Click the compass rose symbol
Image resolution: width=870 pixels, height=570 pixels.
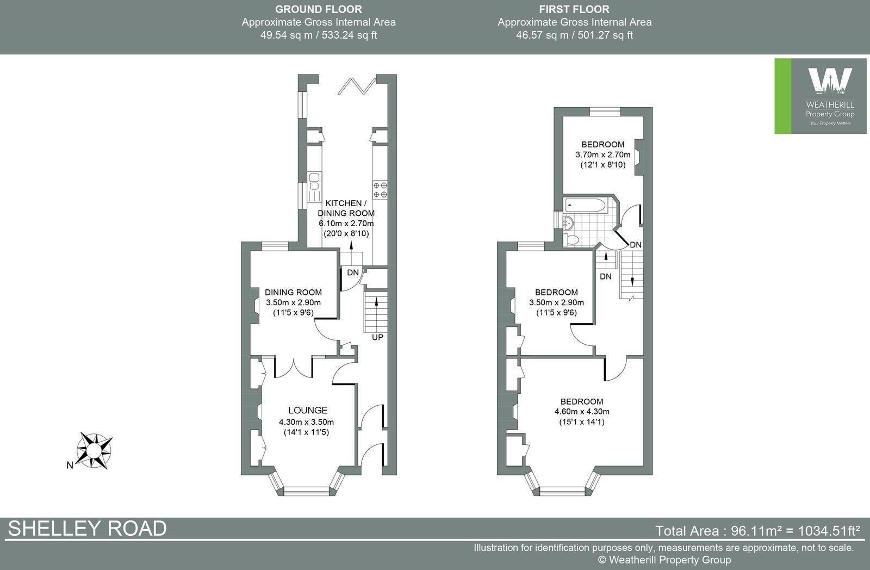point(94,450)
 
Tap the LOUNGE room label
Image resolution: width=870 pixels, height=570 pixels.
point(308,410)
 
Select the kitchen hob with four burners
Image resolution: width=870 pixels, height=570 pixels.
point(380,190)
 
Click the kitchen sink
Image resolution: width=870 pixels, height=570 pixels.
point(314,182)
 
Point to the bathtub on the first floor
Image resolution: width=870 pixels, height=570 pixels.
point(585,205)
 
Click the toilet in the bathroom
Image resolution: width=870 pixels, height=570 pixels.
point(570,239)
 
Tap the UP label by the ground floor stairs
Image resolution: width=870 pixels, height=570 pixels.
point(377,337)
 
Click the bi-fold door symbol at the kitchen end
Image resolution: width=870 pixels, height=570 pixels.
point(357,86)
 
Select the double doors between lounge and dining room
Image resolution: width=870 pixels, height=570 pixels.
point(294,367)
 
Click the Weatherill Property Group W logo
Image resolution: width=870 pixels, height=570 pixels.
point(830,81)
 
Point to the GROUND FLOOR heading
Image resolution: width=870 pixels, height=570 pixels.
point(319,9)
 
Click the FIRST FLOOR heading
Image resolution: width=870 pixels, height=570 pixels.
point(574,9)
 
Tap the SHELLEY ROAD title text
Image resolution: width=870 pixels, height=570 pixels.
point(88,529)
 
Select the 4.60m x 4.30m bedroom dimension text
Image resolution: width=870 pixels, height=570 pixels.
point(582,412)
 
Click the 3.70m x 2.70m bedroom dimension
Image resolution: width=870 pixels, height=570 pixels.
point(603,154)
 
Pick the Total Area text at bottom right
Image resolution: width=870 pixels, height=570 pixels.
point(757,530)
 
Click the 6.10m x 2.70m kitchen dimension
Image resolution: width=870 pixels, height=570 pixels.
point(346,224)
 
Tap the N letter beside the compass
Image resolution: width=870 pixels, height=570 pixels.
point(70,465)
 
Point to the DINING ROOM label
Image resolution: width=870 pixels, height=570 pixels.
point(293,292)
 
